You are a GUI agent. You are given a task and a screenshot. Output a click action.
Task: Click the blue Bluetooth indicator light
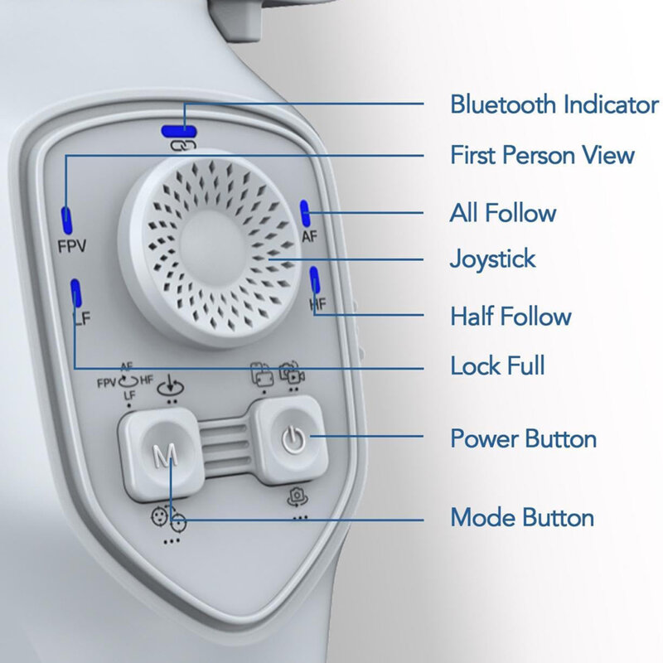(x=179, y=132)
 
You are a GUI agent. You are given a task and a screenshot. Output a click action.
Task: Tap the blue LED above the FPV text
(x=66, y=220)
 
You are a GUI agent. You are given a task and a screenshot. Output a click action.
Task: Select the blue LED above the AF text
(x=305, y=213)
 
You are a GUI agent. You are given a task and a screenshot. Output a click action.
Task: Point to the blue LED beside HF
(x=314, y=279)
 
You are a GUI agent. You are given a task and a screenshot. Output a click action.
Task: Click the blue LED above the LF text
(x=75, y=293)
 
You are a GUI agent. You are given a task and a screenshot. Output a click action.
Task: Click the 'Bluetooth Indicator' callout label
(x=554, y=104)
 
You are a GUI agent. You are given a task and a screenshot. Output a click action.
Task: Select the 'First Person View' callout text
(x=542, y=155)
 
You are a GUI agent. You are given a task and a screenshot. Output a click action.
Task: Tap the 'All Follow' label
(x=503, y=212)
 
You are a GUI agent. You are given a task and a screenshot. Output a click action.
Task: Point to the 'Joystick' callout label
(x=492, y=259)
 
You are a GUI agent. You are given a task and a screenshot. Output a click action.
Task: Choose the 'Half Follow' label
(x=511, y=316)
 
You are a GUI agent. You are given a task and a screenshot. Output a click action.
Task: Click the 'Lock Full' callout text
(x=497, y=365)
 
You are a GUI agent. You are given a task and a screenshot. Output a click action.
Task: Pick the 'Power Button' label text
(x=524, y=438)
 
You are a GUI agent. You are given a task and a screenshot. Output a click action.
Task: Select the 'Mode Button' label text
(x=522, y=517)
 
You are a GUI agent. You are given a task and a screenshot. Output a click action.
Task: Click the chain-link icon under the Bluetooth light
(x=183, y=147)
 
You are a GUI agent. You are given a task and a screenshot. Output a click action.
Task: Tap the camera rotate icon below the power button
(x=298, y=496)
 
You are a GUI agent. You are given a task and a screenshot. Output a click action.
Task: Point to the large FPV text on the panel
(x=72, y=246)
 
